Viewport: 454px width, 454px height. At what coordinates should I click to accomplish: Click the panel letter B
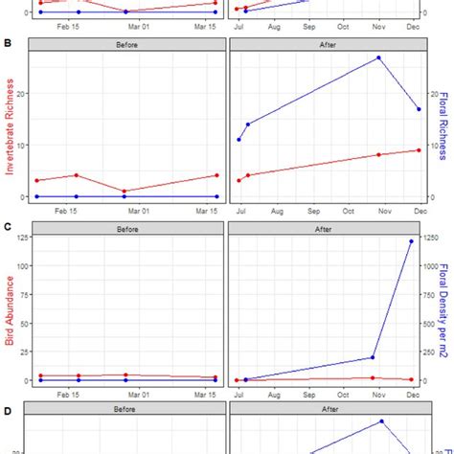[8, 44]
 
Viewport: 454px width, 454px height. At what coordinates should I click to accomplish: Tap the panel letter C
[8, 227]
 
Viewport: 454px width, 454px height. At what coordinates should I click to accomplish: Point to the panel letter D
[8, 412]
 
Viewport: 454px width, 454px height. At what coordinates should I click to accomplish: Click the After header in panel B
[324, 44]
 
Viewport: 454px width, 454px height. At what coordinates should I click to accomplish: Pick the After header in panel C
[324, 228]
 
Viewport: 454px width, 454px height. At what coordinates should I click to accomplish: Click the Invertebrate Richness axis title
[11, 126]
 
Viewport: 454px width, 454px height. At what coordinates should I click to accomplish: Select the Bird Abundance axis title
[11, 310]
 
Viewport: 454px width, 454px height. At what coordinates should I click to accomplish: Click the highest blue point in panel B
[378, 57]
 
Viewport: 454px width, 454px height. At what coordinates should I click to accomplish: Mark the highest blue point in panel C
[412, 241]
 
